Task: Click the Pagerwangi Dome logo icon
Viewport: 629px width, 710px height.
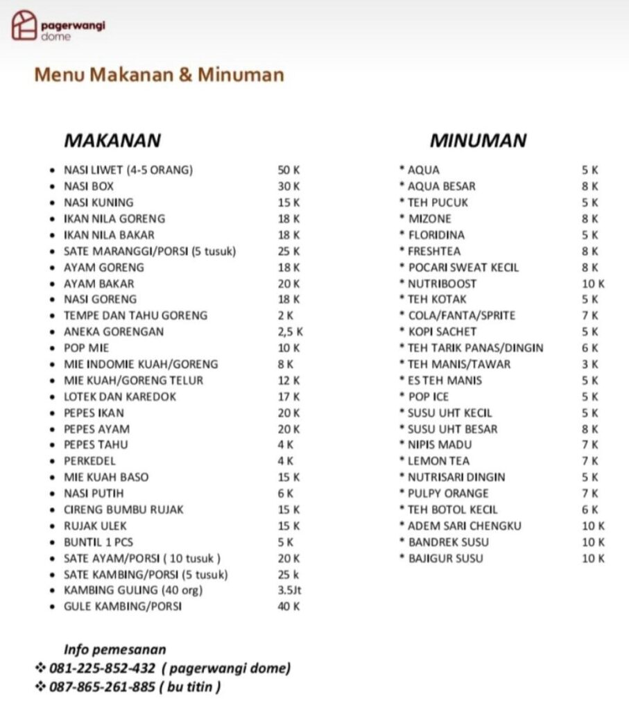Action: click(24, 26)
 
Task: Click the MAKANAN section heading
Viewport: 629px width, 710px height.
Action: click(112, 140)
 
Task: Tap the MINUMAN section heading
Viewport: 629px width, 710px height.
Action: click(478, 141)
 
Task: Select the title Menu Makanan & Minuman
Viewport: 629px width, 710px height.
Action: click(159, 75)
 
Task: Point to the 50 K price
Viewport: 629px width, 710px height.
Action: click(288, 170)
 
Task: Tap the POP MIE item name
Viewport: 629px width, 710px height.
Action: click(86, 348)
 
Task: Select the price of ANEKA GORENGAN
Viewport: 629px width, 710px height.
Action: click(290, 331)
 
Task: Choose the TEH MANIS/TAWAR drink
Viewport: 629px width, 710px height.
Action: click(458, 364)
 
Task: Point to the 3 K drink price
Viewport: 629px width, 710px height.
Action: click(590, 364)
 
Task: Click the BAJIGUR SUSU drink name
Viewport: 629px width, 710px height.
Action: click(445, 558)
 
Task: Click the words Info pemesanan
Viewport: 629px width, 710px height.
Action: click(115, 650)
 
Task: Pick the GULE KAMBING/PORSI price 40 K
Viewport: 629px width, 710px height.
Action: click(288, 607)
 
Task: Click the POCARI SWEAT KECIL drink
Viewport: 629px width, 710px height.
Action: click(463, 268)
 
